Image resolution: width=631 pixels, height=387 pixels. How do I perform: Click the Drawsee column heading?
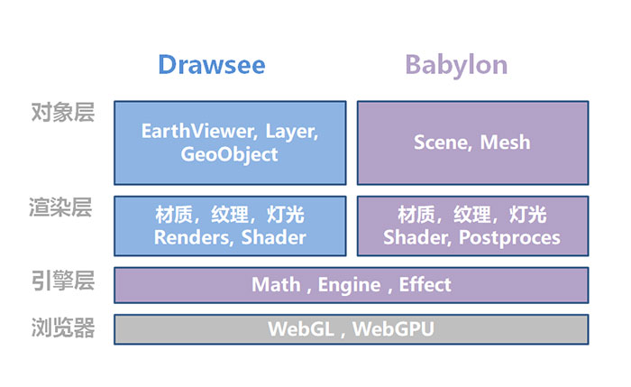212,65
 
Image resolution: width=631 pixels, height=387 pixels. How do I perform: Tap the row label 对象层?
63,113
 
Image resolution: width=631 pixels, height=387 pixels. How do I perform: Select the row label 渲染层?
60,207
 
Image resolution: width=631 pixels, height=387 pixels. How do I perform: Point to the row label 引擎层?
63,281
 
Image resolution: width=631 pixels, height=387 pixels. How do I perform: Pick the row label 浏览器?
63,327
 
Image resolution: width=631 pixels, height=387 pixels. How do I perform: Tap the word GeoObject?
229,154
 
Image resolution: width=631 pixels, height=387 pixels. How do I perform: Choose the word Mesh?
506,143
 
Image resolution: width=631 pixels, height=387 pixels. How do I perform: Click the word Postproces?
509,238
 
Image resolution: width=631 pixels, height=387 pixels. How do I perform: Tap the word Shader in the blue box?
274,237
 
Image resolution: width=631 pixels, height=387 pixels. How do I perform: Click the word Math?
276,285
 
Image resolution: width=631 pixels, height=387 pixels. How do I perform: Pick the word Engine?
350,286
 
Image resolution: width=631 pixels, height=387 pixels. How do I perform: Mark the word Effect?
425,284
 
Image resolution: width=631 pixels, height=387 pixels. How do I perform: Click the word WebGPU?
394,329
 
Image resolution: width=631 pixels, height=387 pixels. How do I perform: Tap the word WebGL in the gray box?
301,329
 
